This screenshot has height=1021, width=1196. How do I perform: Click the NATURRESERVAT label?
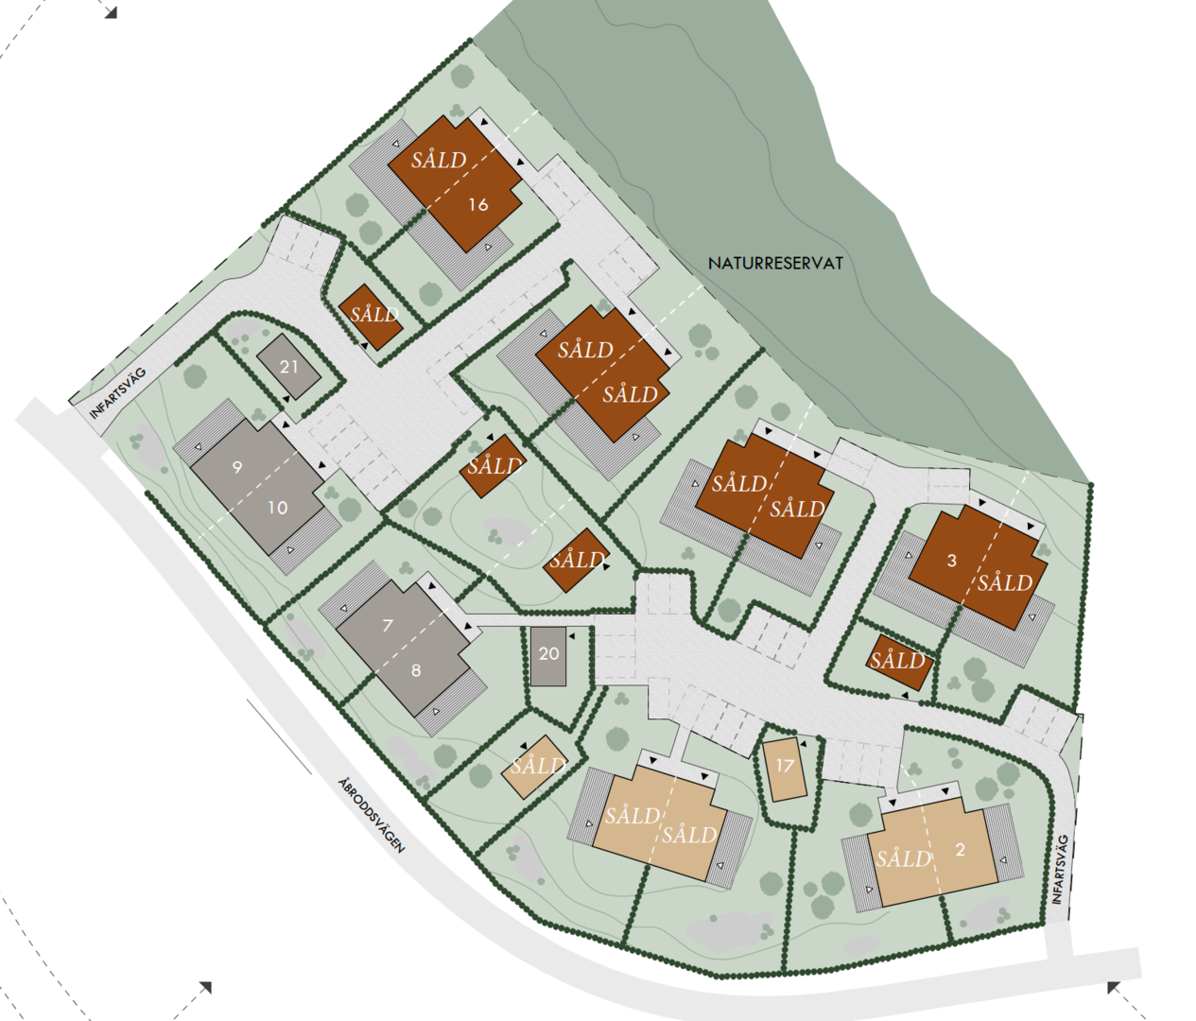pos(775,264)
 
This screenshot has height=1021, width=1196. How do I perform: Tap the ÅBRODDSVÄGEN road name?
pos(372,815)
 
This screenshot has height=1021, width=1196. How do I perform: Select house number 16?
pos(478,204)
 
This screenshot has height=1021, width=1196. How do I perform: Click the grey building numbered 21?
pos(288,367)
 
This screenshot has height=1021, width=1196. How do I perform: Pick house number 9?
pos(237,466)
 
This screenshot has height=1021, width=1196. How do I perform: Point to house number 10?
pos(277,508)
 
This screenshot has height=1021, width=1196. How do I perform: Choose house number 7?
pos(388,625)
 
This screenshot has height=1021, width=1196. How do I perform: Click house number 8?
pos(416,670)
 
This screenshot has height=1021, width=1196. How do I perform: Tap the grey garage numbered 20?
pos(548,653)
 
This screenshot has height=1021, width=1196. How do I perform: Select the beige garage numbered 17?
pos(785,766)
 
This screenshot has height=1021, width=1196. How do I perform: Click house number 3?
pos(952,560)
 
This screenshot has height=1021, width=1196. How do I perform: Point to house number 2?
pos(961,849)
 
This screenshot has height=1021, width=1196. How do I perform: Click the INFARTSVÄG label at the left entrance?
pos(119,394)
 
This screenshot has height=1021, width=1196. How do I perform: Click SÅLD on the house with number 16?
pos(439,160)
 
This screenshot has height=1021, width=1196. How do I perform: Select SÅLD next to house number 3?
pos(1004,582)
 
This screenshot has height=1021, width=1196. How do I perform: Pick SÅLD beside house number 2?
pos(903,858)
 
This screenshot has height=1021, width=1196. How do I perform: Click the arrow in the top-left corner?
pos(111,12)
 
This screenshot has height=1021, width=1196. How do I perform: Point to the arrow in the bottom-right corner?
pos(1115,988)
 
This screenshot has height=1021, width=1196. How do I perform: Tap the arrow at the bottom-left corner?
pos(204,988)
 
